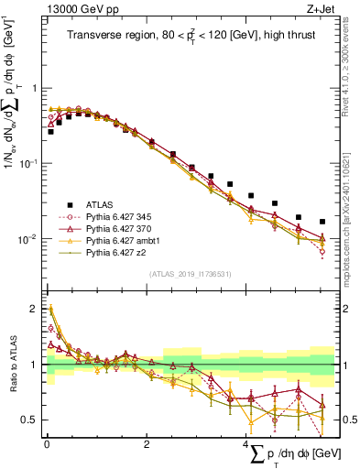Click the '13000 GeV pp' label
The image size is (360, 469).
[x=76, y=9]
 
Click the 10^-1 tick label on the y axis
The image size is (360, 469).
[x=27, y=163]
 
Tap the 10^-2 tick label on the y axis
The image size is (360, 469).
[x=27, y=239]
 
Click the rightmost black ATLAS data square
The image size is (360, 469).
[x=322, y=222]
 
